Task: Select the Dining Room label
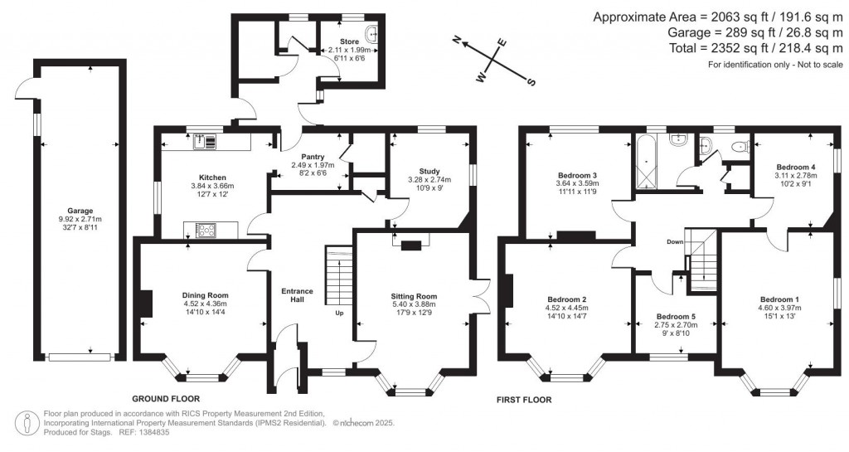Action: [205, 294]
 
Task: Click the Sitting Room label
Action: [414, 295]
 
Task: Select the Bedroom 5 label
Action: [677, 316]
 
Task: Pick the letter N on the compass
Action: [457, 39]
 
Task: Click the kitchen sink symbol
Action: [204, 143]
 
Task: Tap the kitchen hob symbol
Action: [203, 230]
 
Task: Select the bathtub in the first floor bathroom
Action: [645, 163]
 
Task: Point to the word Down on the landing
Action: [672, 242]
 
